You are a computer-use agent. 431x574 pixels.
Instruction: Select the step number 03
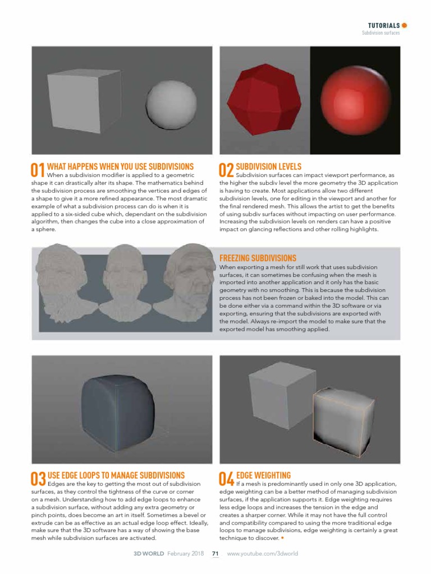point(38,479)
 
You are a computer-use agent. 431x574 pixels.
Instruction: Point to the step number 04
point(226,479)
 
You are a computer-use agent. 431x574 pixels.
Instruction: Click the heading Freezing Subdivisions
point(258,258)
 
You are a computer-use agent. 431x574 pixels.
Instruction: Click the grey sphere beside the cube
point(168,103)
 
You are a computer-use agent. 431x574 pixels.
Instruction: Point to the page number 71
point(215,553)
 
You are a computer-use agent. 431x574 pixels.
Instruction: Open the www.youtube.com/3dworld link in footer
point(262,553)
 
